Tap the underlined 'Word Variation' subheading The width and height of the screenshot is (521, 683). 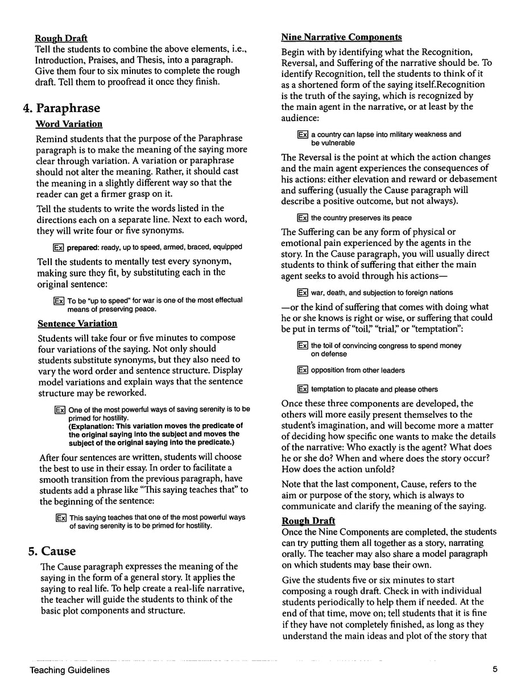pos(69,124)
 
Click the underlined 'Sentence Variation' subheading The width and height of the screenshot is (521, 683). pos(77,323)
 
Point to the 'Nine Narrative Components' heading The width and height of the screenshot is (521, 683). pos(341,38)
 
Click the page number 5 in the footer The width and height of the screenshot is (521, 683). pos(496,670)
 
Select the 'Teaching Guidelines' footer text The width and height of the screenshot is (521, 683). pos(70,670)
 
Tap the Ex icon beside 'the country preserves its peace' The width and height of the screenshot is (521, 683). pos(303,218)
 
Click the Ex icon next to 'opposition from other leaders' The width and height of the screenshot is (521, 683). pos(303,371)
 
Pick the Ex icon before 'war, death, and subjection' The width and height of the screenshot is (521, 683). pos(303,293)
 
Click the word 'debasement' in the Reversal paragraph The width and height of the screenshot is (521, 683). pos(471,179)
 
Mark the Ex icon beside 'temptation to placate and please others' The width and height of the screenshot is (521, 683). pos(303,389)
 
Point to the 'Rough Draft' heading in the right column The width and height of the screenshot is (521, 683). pos(308,521)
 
